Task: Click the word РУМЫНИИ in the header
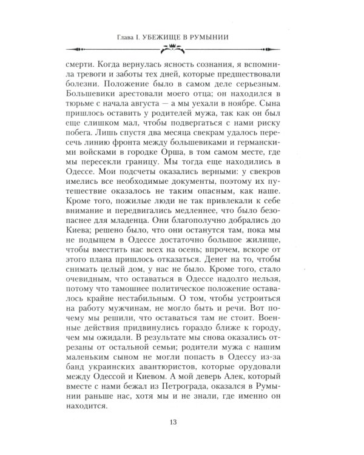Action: pos(224,38)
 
